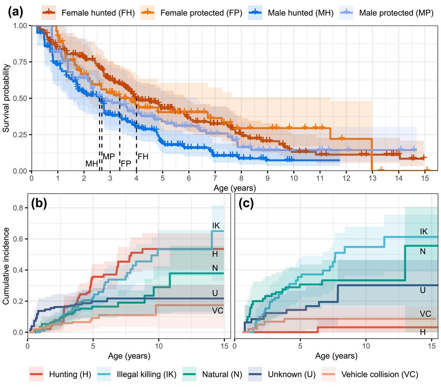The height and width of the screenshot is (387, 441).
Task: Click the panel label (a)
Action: tap(15, 12)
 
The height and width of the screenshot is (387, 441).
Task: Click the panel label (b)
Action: tap(39, 204)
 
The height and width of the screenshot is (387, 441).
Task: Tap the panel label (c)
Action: tap(246, 204)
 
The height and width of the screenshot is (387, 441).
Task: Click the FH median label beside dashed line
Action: tap(143, 156)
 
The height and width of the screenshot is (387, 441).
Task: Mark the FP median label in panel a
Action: tap(126, 163)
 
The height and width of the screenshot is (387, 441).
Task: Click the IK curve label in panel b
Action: tap(216, 225)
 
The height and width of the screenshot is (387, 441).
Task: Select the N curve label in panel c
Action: tap(423, 251)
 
